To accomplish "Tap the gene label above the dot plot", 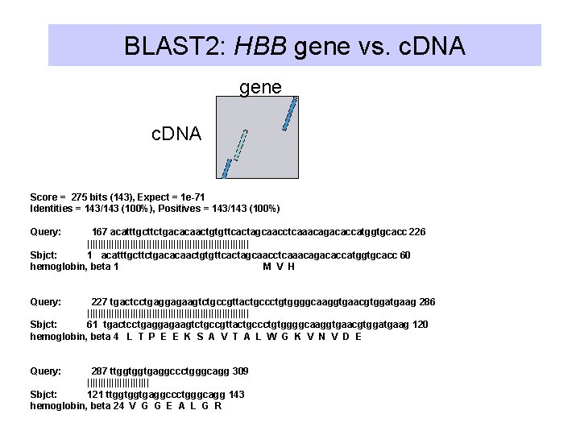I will tap(260, 87).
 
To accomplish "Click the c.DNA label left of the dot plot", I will tap(176, 134).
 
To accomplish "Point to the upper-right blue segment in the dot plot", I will tap(290, 114).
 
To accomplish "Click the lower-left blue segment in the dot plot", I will tap(226, 168).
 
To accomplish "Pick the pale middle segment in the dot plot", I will tap(240, 145).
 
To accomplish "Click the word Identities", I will tap(51, 209).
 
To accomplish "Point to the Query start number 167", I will tap(100, 232).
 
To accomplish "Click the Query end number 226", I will tap(417, 232).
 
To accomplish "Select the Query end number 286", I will tap(427, 302).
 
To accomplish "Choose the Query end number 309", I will tap(239, 371).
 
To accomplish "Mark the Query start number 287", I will tap(99, 371).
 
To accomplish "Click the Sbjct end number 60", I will tap(404, 255).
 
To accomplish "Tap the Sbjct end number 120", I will tap(420, 325).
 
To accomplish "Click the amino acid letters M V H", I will tap(280, 267).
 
